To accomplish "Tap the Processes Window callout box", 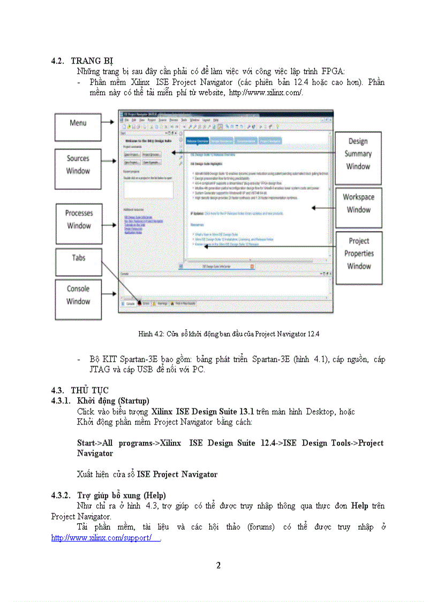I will [79, 223].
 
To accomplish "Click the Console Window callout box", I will [78, 299].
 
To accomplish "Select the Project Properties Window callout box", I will [358, 257].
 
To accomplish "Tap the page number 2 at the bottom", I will [218, 565].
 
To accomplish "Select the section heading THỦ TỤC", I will [90, 390].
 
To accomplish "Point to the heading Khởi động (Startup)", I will [113, 400].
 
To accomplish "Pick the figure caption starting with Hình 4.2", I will [229, 333].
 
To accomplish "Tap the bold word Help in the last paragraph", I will [359, 506].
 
